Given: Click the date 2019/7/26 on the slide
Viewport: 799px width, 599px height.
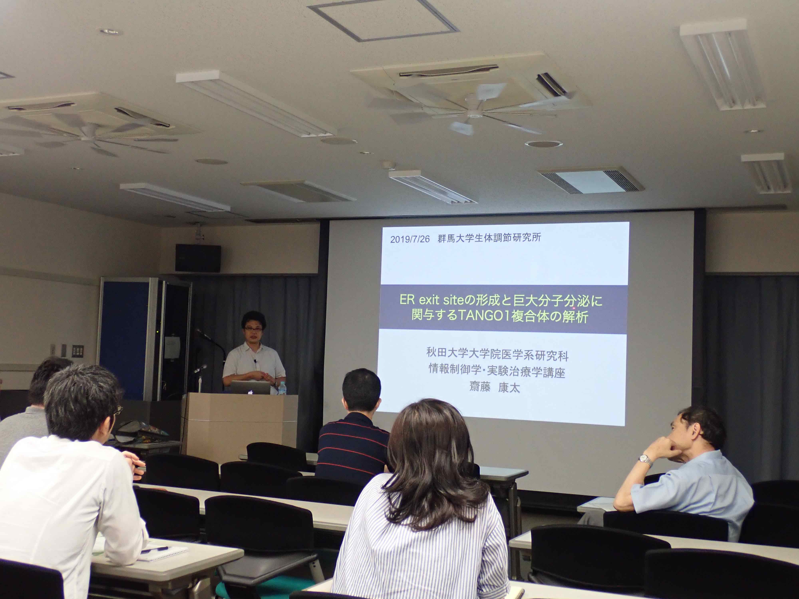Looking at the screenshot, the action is [410, 239].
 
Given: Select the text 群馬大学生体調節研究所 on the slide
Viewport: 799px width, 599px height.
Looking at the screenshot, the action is [489, 238].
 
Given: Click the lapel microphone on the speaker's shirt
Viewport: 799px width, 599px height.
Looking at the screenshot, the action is [255, 361].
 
